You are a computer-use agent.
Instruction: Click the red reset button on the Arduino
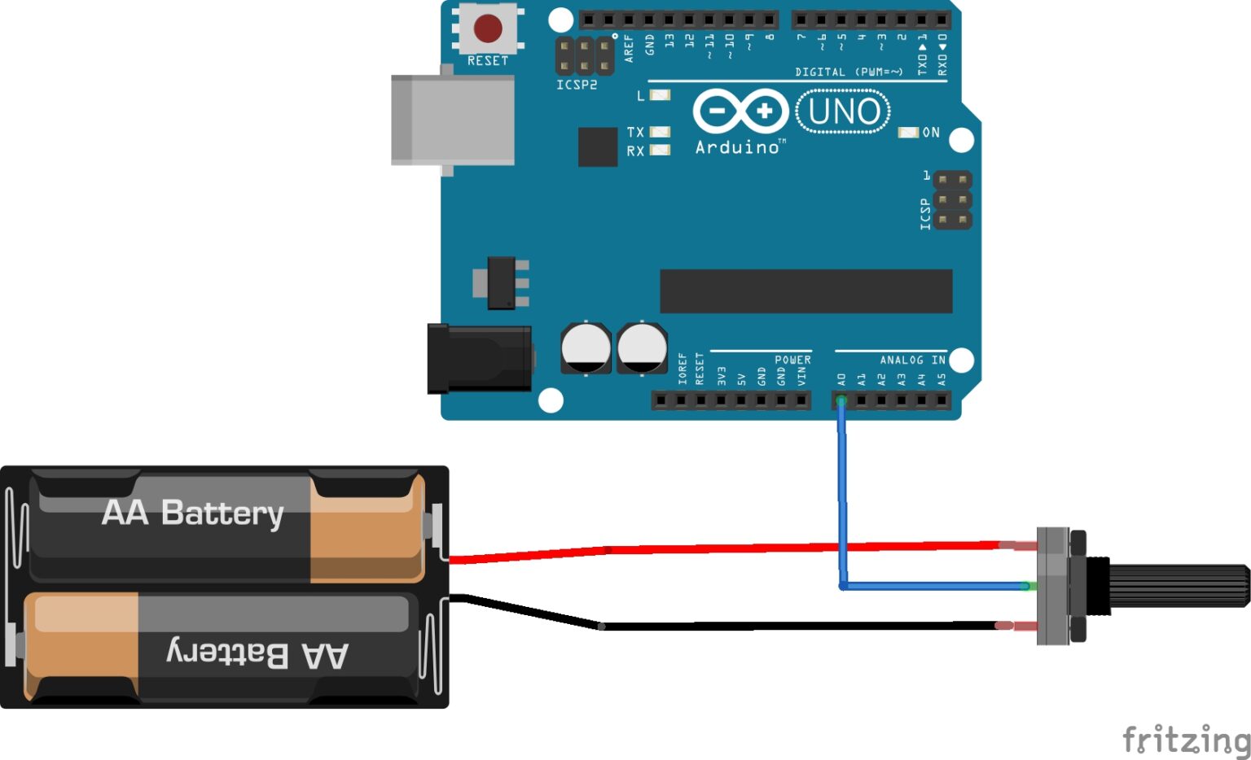click(x=488, y=28)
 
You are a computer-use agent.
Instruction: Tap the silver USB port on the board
click(x=453, y=120)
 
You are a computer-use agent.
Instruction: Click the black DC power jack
click(x=480, y=358)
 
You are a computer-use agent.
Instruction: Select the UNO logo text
click(x=843, y=111)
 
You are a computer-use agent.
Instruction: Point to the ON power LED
click(x=907, y=133)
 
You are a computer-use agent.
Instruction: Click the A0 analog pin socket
click(x=841, y=400)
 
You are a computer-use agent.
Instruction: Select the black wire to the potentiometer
click(x=798, y=626)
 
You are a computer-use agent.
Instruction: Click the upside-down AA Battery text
click(x=257, y=654)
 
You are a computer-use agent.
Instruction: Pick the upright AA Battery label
click(x=193, y=513)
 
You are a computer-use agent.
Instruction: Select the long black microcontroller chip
click(x=805, y=291)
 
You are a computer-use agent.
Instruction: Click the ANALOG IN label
click(x=912, y=360)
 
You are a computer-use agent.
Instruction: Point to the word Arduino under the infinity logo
click(x=738, y=147)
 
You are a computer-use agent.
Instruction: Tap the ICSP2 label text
click(x=577, y=85)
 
